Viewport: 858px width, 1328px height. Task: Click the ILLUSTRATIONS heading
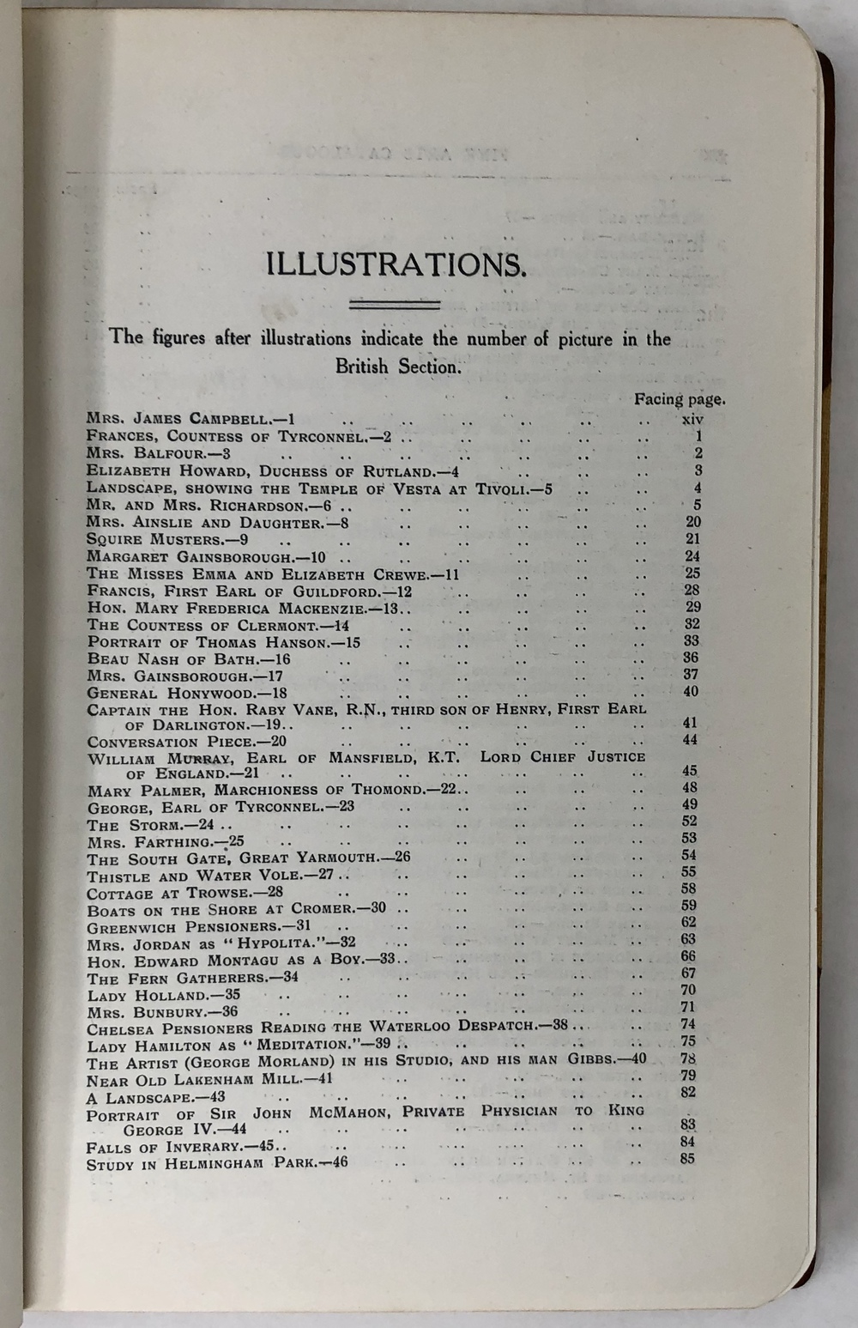click(396, 264)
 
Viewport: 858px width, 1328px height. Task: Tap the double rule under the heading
click(396, 305)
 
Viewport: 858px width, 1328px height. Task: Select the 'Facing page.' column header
click(680, 398)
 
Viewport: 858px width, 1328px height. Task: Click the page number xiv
click(692, 420)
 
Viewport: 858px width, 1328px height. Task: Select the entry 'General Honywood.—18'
click(187, 694)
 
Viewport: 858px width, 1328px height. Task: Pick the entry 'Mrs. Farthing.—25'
click(166, 842)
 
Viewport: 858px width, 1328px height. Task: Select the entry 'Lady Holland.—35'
click(164, 996)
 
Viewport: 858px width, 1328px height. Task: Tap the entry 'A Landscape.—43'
click(155, 1096)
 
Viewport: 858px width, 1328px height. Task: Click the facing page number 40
click(691, 692)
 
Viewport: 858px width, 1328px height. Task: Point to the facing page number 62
click(688, 923)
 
